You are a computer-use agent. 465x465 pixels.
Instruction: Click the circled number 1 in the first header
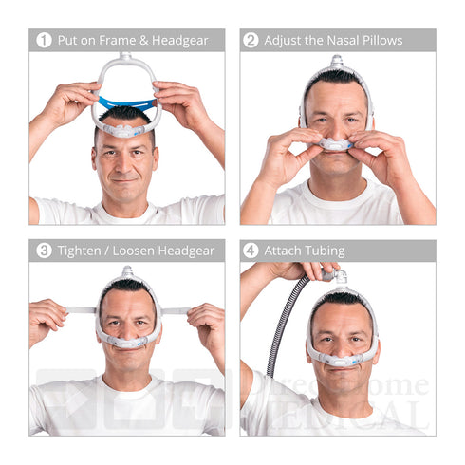(44, 41)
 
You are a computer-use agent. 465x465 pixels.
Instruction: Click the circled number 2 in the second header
(251, 41)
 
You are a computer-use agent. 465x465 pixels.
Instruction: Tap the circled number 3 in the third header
(44, 251)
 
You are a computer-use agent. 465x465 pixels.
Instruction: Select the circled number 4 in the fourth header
(251, 251)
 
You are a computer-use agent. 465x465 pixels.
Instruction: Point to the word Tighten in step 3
(84, 251)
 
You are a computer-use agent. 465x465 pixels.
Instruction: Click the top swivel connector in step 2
(336, 63)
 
